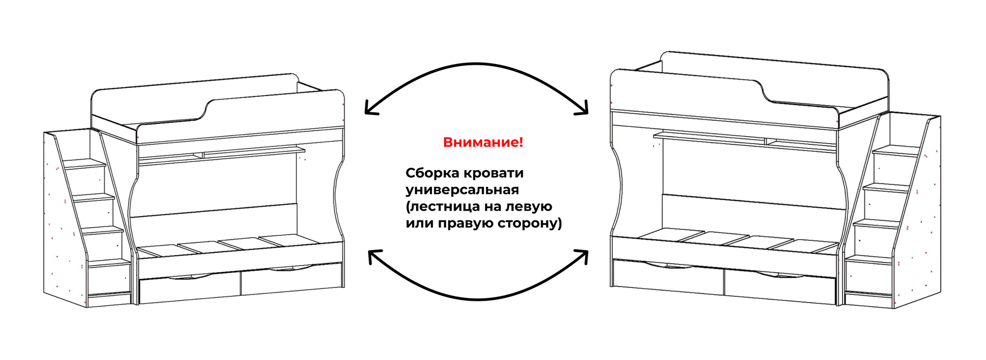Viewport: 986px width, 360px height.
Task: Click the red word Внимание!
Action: tap(483, 143)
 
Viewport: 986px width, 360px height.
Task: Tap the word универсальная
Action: tap(462, 190)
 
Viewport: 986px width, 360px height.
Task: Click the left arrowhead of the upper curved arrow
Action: tap(370, 108)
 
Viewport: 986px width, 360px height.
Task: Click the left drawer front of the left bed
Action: tap(190, 290)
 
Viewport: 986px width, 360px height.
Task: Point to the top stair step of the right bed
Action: tap(897, 149)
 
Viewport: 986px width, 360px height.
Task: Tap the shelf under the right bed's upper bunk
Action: tap(744, 140)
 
